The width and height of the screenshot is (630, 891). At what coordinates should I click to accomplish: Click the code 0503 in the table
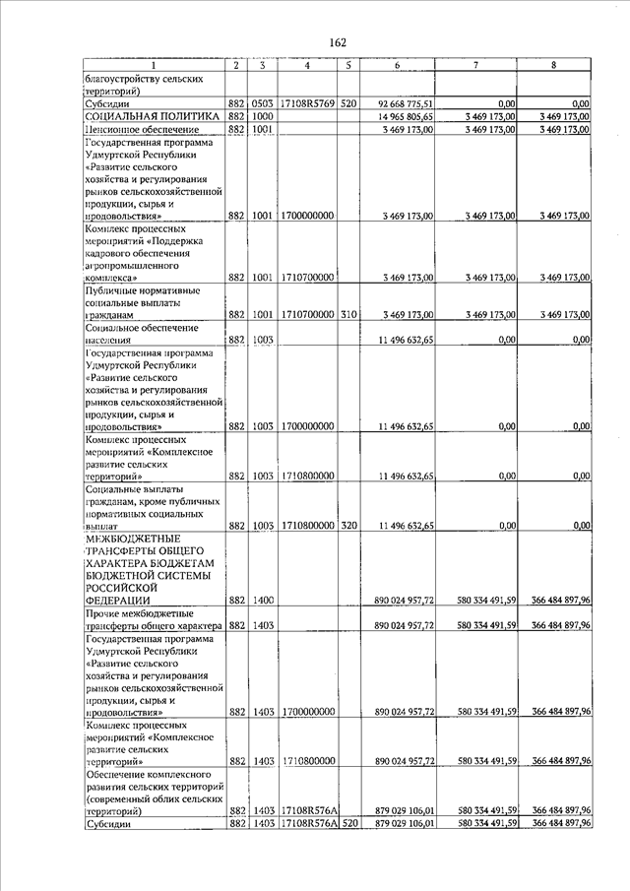pyautogui.click(x=260, y=102)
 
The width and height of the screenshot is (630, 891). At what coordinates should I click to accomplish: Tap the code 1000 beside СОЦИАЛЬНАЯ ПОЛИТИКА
pyautogui.click(x=260, y=116)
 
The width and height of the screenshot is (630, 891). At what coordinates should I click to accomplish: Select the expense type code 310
pyautogui.click(x=348, y=314)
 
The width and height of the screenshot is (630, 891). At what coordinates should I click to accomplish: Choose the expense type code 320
pyautogui.click(x=348, y=526)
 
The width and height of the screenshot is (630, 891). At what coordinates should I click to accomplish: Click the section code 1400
pyautogui.click(x=260, y=600)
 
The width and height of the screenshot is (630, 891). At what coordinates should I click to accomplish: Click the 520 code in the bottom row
pyautogui.click(x=348, y=824)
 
